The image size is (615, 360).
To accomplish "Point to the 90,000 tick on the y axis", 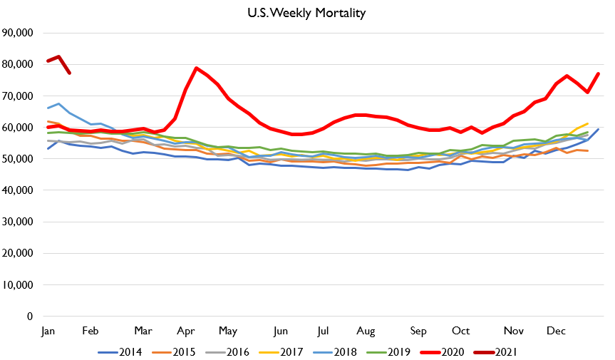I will point(23,33).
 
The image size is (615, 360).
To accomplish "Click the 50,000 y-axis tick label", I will point(23,159).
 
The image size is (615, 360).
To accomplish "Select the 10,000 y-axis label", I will point(23,285).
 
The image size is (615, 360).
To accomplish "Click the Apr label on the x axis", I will point(187,331).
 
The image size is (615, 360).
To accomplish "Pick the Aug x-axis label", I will point(365,331).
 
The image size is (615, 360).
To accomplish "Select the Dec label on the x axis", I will point(555,331).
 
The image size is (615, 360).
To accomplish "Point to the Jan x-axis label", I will point(48,331).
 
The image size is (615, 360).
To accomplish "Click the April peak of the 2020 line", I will point(196,68).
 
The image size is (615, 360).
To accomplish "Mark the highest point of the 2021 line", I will point(58,56).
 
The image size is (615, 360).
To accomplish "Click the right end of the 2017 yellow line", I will point(587,123).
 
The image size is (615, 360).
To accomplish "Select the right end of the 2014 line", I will point(598,129).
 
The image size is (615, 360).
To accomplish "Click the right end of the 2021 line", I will point(69,73).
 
